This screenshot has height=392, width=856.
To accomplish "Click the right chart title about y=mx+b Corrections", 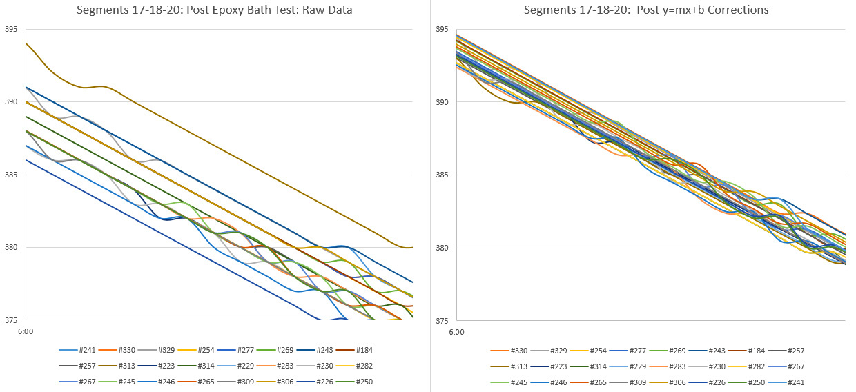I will pyautogui.click(x=646, y=10).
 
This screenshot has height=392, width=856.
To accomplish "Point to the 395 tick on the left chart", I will pyautogui.click(x=11, y=29).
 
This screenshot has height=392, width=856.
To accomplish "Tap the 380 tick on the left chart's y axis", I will pyautogui.click(x=11, y=247).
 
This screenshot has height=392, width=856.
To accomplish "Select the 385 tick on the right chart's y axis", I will pyautogui.click(x=442, y=175).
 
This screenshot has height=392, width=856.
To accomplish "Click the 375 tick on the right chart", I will pyautogui.click(x=442, y=320).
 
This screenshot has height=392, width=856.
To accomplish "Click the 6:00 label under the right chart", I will pyautogui.click(x=456, y=332).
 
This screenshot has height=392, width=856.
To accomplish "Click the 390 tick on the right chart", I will pyautogui.click(x=442, y=102).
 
